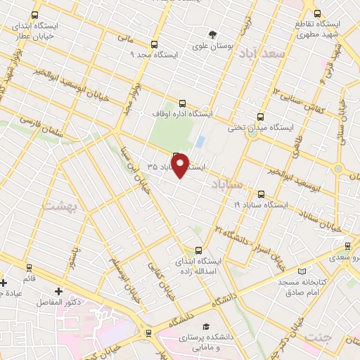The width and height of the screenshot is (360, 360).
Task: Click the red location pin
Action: pos(181,165)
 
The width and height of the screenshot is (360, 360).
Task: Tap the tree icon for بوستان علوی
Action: pos(211,34)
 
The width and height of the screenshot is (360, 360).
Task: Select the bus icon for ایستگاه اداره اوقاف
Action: pos(183,102)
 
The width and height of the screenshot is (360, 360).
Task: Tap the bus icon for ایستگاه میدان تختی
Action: pos(261,117)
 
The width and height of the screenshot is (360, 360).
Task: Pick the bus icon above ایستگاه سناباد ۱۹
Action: pos(261,194)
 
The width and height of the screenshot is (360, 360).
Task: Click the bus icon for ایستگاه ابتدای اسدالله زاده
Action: pos(199,250)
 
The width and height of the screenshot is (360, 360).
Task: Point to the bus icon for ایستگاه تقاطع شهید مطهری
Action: pos(317,13)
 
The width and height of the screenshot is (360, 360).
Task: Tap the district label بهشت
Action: pos(58,205)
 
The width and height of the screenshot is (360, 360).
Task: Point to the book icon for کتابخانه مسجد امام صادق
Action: pos(302,271)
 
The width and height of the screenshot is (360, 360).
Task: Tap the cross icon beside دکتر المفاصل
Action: pos(59,290)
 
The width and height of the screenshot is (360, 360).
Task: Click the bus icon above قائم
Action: pos(30,267)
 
